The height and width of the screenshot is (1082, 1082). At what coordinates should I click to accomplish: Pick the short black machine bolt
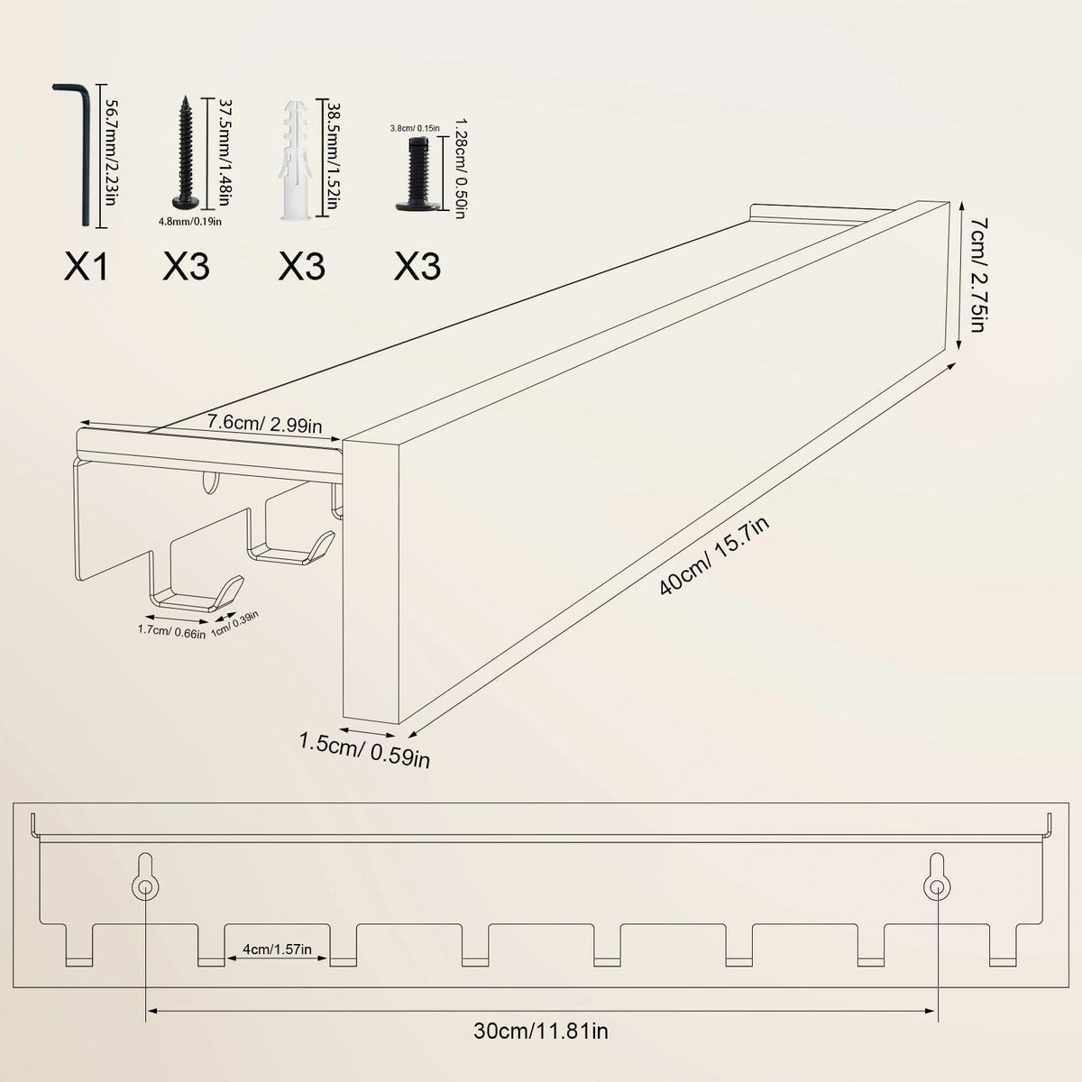414,173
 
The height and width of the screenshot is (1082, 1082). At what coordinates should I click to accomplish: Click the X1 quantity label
86,266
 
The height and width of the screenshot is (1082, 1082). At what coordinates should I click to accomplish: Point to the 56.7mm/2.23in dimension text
112,152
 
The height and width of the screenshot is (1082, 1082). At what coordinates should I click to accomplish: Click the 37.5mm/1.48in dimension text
225,152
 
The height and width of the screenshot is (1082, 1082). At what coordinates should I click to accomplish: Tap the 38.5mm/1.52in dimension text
333,156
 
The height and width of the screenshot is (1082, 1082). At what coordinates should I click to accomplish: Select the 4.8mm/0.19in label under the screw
189,222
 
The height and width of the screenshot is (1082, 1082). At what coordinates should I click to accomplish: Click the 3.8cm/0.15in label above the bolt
415,128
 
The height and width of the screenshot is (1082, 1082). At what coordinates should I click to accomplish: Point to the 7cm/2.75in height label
977,275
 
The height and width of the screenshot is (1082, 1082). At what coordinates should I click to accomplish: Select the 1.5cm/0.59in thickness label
364,749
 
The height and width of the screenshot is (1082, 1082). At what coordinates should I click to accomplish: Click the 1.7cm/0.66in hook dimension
172,632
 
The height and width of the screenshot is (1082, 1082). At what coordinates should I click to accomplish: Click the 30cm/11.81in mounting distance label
541,1031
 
